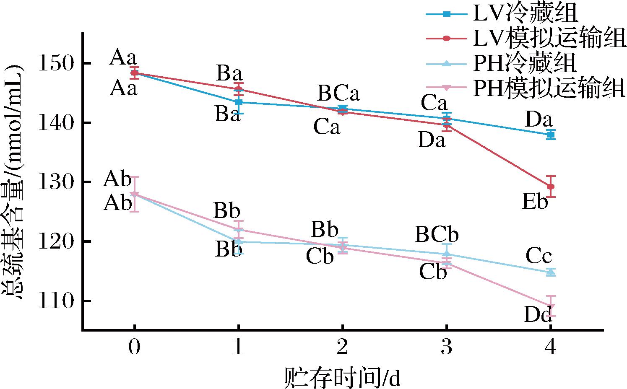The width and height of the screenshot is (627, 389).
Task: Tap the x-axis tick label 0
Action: [134, 348]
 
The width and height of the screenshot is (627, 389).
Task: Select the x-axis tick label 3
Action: [447, 348]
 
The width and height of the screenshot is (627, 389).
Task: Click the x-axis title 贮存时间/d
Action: [342, 377]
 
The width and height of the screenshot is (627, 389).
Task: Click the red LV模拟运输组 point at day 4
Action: [551, 187]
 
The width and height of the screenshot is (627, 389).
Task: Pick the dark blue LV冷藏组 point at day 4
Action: [551, 135]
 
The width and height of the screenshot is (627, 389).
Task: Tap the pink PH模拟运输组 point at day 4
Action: [551, 306]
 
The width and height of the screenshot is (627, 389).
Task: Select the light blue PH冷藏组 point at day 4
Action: [551, 272]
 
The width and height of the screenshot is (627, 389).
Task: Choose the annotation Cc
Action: [539, 256]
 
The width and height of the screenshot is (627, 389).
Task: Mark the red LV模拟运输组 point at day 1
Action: [238, 89]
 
